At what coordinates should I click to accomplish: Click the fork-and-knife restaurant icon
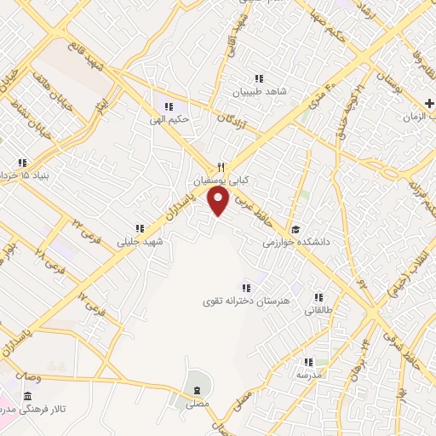pyautogui.click(x=220, y=168)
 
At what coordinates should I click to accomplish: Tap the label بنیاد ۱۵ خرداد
pyautogui.click(x=24, y=175)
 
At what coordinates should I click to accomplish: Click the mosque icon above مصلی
pyautogui.click(x=198, y=390)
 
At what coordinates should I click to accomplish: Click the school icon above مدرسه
pyautogui.click(x=308, y=362)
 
